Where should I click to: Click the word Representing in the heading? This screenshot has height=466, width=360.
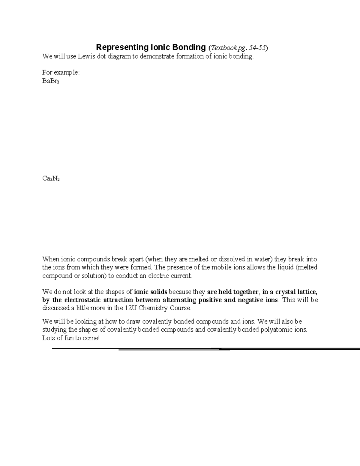click(121, 47)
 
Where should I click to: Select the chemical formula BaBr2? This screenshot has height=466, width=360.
click(51, 81)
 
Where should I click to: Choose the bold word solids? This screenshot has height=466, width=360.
click(160, 292)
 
